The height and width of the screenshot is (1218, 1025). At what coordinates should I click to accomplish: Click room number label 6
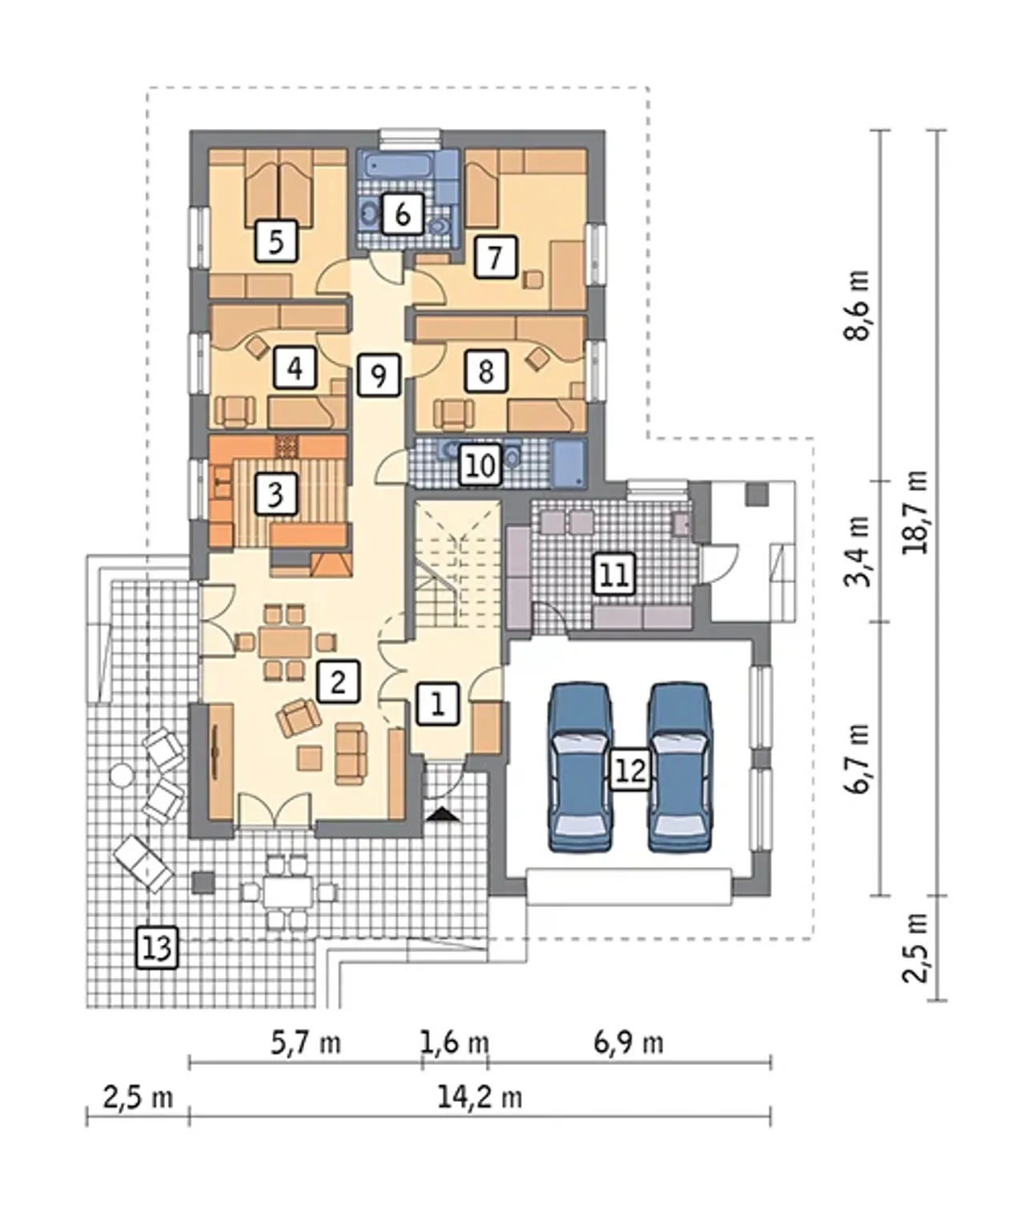(403, 215)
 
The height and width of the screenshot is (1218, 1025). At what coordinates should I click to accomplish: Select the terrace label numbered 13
(157, 948)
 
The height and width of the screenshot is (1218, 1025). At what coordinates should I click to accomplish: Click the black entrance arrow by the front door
(443, 814)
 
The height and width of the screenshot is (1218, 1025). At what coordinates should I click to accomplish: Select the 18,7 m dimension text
(914, 512)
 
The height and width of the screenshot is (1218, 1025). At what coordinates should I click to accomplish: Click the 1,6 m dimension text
(455, 1042)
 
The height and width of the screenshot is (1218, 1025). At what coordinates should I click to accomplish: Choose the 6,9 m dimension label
(629, 1042)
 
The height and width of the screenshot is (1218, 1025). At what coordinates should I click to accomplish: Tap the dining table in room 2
(285, 642)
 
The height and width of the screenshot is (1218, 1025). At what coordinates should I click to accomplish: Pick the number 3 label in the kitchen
(276, 494)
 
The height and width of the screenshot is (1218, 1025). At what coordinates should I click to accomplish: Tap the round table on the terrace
(122, 775)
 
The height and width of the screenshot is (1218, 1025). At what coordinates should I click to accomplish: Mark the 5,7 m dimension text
(306, 1042)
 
